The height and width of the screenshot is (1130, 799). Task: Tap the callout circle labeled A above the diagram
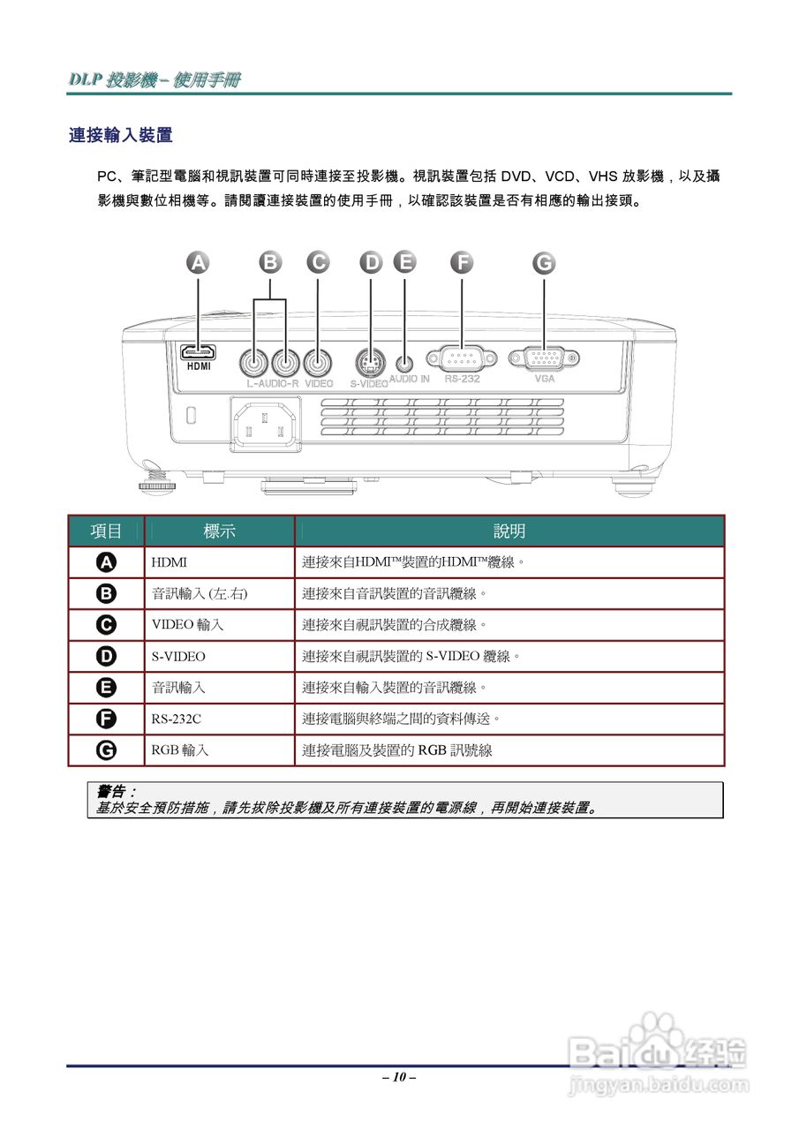pyautogui.click(x=200, y=262)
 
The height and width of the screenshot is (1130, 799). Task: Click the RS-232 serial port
pyautogui.click(x=461, y=358)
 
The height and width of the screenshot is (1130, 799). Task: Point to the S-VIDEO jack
pyautogui.click(x=371, y=362)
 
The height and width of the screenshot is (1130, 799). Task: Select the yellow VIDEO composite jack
pyautogui.click(x=318, y=361)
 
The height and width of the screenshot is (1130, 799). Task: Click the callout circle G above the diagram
pyautogui.click(x=544, y=262)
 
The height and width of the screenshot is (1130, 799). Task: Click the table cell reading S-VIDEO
pyautogui.click(x=178, y=656)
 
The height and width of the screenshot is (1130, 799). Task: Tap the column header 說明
pyautogui.click(x=509, y=531)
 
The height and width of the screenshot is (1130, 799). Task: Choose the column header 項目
pyautogui.click(x=106, y=531)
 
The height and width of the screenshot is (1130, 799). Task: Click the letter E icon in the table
pyautogui.click(x=106, y=687)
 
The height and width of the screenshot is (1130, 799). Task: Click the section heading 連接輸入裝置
pyautogui.click(x=120, y=135)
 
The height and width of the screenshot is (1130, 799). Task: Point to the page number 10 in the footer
pyautogui.click(x=399, y=1077)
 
